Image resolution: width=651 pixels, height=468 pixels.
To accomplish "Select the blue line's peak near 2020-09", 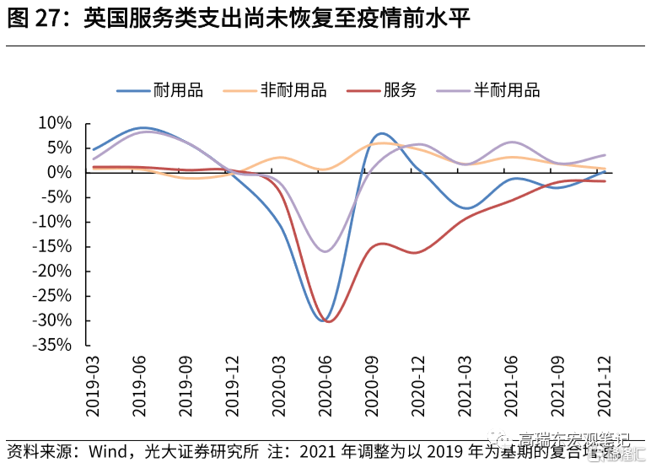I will (x=381, y=133).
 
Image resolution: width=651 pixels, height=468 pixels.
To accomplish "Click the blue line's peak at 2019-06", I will (x=142, y=128).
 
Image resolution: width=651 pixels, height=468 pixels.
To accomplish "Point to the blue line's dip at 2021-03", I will (x=465, y=207).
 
